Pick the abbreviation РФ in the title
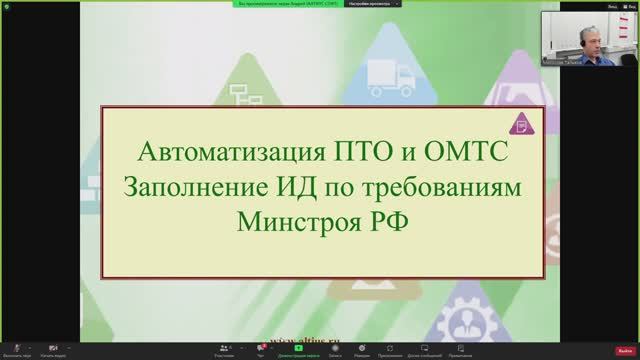(x=388, y=219)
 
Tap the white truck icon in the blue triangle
(x=385, y=75)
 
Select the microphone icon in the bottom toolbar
(x=13, y=347)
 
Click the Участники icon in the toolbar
(x=224, y=347)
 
